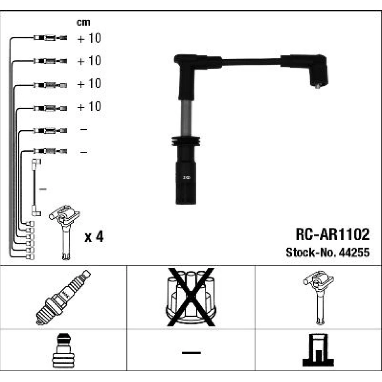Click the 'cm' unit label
click(x=83, y=23)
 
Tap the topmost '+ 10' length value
click(x=89, y=38)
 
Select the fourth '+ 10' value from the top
click(x=89, y=107)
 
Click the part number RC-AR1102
click(x=332, y=235)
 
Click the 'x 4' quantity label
click(x=94, y=236)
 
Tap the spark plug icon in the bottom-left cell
click(x=63, y=298)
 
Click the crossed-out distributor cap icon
click(x=191, y=297)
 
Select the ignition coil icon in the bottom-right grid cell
click(x=319, y=297)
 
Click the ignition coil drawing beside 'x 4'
click(x=65, y=232)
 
